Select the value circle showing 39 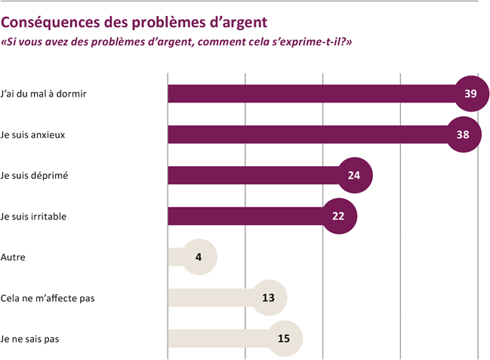click(470, 94)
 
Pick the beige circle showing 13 click(269, 297)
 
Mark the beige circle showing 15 click(285, 338)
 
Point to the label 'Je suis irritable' click(34, 217)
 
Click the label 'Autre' click(14, 257)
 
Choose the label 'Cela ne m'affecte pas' click(48, 297)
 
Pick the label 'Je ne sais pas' click(30, 339)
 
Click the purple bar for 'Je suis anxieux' click(302, 134)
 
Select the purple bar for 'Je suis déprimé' click(249, 176)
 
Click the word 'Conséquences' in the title click(52, 24)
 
